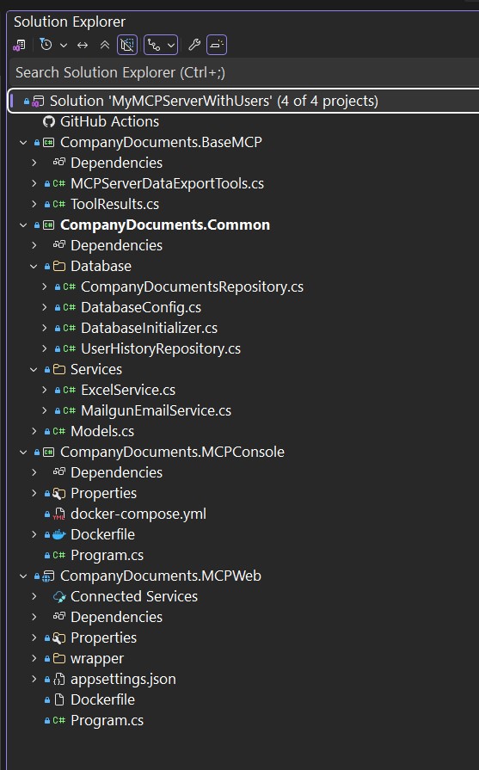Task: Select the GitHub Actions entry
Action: (x=109, y=121)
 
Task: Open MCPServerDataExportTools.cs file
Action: (x=167, y=183)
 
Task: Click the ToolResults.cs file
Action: (x=114, y=204)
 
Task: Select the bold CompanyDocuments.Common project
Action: (x=165, y=225)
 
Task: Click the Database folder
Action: (x=101, y=266)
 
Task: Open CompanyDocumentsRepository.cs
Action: (x=192, y=286)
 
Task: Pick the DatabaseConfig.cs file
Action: (x=141, y=307)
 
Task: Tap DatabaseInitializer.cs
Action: (x=149, y=328)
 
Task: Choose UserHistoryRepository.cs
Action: (x=161, y=348)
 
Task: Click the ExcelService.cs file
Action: (x=128, y=390)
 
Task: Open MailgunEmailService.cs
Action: (x=156, y=410)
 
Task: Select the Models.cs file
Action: (x=102, y=431)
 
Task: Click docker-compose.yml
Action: (x=138, y=514)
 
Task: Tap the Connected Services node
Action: (x=134, y=596)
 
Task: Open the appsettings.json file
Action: (x=123, y=679)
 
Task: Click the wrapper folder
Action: (x=97, y=658)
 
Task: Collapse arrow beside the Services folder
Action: (x=34, y=369)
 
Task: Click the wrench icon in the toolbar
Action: (x=194, y=46)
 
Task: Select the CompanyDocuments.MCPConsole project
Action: (x=172, y=452)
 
